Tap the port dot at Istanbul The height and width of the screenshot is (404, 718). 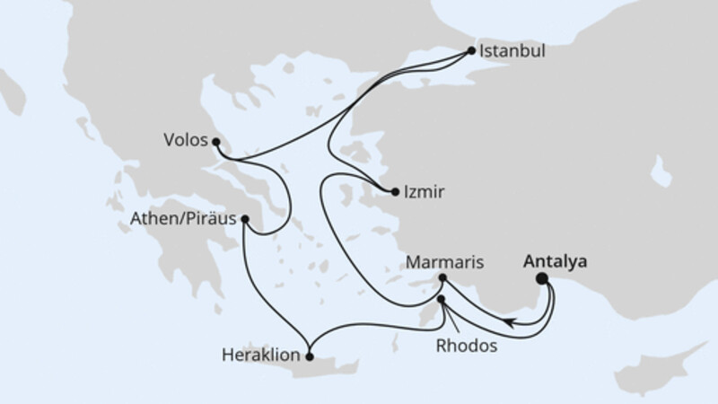(x=472, y=50)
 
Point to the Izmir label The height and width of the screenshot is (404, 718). (x=425, y=191)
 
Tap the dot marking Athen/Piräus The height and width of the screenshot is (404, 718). (x=245, y=218)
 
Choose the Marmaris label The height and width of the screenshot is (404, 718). (x=445, y=263)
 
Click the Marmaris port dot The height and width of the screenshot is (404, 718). (x=442, y=278)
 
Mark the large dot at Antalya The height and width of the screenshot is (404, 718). (x=542, y=279)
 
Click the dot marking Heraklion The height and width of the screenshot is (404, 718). (x=310, y=356)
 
